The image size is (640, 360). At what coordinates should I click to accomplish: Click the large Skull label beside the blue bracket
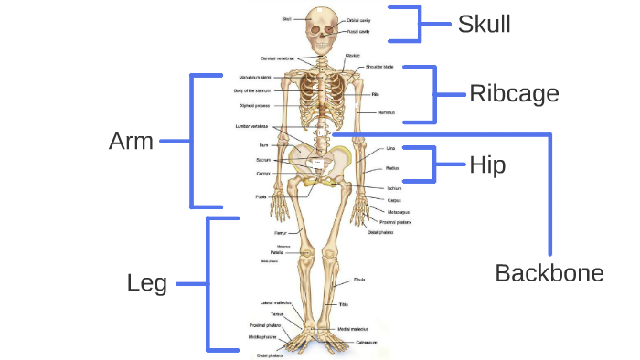click(x=484, y=24)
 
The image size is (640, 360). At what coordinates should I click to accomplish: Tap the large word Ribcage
click(x=513, y=93)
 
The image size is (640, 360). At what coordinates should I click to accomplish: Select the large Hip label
click(x=487, y=165)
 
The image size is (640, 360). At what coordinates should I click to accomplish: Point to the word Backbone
click(x=549, y=272)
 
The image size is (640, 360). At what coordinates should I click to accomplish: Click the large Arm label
click(x=131, y=141)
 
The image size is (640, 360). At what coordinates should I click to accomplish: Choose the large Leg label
click(x=147, y=283)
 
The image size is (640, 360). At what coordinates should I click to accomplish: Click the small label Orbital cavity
click(x=358, y=20)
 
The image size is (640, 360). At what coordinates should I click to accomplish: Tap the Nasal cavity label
click(x=357, y=31)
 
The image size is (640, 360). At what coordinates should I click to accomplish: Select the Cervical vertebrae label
click(x=277, y=58)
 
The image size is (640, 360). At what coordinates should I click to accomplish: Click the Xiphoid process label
click(x=253, y=105)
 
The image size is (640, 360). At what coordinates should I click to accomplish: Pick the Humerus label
click(x=385, y=111)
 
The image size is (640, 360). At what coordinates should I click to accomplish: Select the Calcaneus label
click(x=367, y=342)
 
